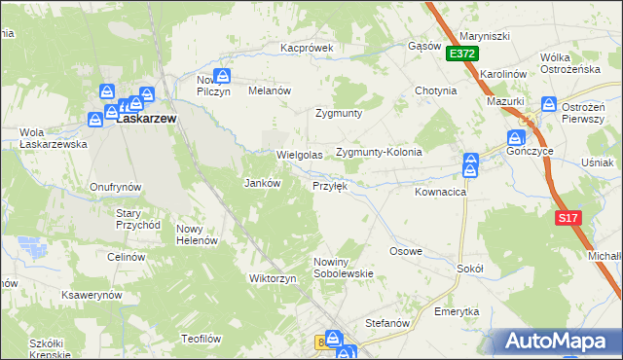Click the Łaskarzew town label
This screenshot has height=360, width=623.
click(x=146, y=119)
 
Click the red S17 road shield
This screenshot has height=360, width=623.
click(x=569, y=219)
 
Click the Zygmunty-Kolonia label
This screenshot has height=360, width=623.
click(x=379, y=153)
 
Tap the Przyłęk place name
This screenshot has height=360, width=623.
click(x=329, y=185)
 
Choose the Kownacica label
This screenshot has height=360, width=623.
click(x=441, y=193)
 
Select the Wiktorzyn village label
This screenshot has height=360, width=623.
click(x=273, y=278)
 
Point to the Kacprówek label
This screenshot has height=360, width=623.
click(x=307, y=47)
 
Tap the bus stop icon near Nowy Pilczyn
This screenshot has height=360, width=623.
click(x=224, y=74)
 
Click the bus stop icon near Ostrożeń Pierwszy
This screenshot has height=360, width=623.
click(x=549, y=103)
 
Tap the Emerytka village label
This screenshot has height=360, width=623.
click(x=457, y=311)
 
